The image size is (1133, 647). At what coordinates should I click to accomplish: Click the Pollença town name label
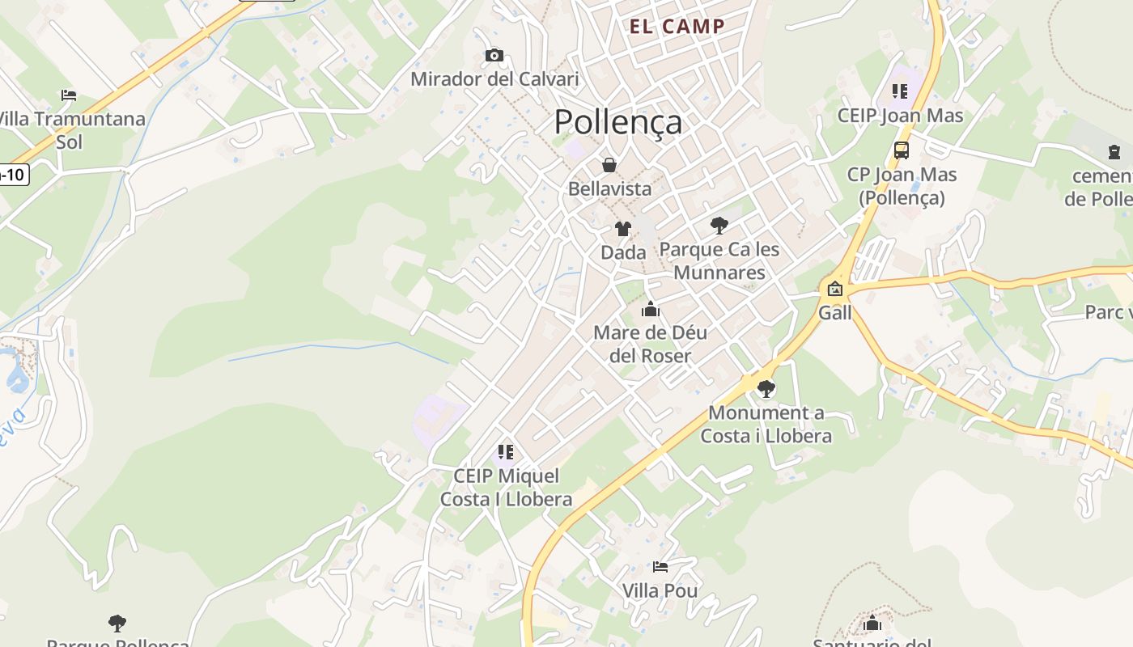(618, 122)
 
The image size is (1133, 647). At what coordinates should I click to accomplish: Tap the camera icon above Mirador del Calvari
(494, 56)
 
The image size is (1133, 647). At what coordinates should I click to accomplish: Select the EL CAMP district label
(677, 26)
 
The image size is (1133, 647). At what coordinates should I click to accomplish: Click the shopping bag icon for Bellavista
(609, 165)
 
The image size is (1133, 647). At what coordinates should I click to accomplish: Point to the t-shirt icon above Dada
(623, 229)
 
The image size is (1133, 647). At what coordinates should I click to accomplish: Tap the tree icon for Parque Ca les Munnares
(719, 226)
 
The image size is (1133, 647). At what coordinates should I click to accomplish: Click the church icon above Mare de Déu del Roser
(651, 309)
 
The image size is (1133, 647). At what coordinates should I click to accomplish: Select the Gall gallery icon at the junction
(834, 289)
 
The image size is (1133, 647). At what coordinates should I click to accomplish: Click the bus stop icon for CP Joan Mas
(901, 150)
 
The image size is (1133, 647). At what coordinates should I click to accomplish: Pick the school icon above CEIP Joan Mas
(900, 91)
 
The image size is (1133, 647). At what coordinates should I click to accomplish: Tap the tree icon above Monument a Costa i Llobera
(766, 389)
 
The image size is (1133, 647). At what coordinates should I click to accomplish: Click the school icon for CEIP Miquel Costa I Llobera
(506, 452)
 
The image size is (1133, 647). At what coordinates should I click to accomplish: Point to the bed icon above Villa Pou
(660, 567)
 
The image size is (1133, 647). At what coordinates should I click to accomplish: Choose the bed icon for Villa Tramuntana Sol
(69, 95)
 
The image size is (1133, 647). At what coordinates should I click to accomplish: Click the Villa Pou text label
(660, 590)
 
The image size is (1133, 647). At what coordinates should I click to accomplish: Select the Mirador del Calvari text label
(494, 79)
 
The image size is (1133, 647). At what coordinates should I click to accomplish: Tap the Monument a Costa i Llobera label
(766, 424)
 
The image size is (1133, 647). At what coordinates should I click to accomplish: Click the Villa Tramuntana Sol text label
(71, 130)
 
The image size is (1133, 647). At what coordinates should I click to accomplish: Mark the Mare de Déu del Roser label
(650, 344)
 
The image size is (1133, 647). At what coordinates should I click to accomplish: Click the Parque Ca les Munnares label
(719, 260)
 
